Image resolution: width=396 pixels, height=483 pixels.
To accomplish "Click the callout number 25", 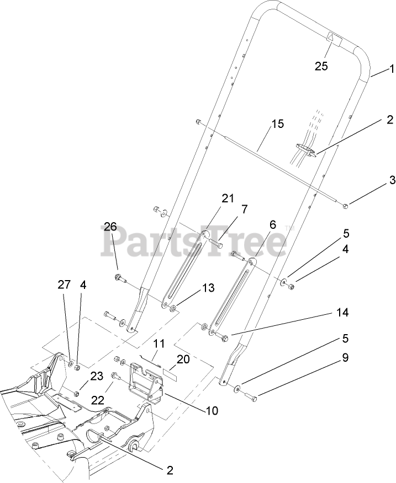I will [x=321, y=67].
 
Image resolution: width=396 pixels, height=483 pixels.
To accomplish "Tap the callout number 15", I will [x=277, y=124].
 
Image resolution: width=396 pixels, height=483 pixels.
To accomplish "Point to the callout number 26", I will [x=111, y=226].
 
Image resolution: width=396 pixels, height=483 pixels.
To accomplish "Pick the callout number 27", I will [x=65, y=285].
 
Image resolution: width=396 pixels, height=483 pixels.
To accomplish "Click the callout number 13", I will [x=192, y=288].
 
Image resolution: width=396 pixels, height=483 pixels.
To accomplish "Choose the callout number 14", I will [x=342, y=313].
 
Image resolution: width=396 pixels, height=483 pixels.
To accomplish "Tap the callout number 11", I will [x=159, y=343].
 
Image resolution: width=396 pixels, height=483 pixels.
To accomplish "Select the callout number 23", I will [x=97, y=377].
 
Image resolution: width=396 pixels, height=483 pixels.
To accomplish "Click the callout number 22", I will [x=97, y=399].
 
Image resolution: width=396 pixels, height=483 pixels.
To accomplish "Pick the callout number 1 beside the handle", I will [x=391, y=69].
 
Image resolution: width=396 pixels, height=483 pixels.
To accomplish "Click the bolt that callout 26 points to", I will [x=119, y=277].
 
